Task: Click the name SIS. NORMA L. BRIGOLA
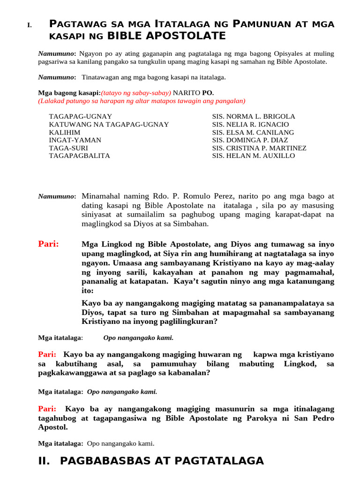coord(254,116)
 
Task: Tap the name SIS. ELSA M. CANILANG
coord(253,132)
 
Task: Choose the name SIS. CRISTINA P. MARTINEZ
coord(259,148)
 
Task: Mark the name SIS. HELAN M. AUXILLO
coord(254,156)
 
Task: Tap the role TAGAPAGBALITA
coord(80,156)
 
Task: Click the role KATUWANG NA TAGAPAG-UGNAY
coord(109,124)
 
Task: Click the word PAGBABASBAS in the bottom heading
coord(103,461)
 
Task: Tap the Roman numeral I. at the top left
coord(30,25)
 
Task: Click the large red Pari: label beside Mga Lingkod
coord(48,244)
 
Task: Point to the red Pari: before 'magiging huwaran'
coord(47,354)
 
